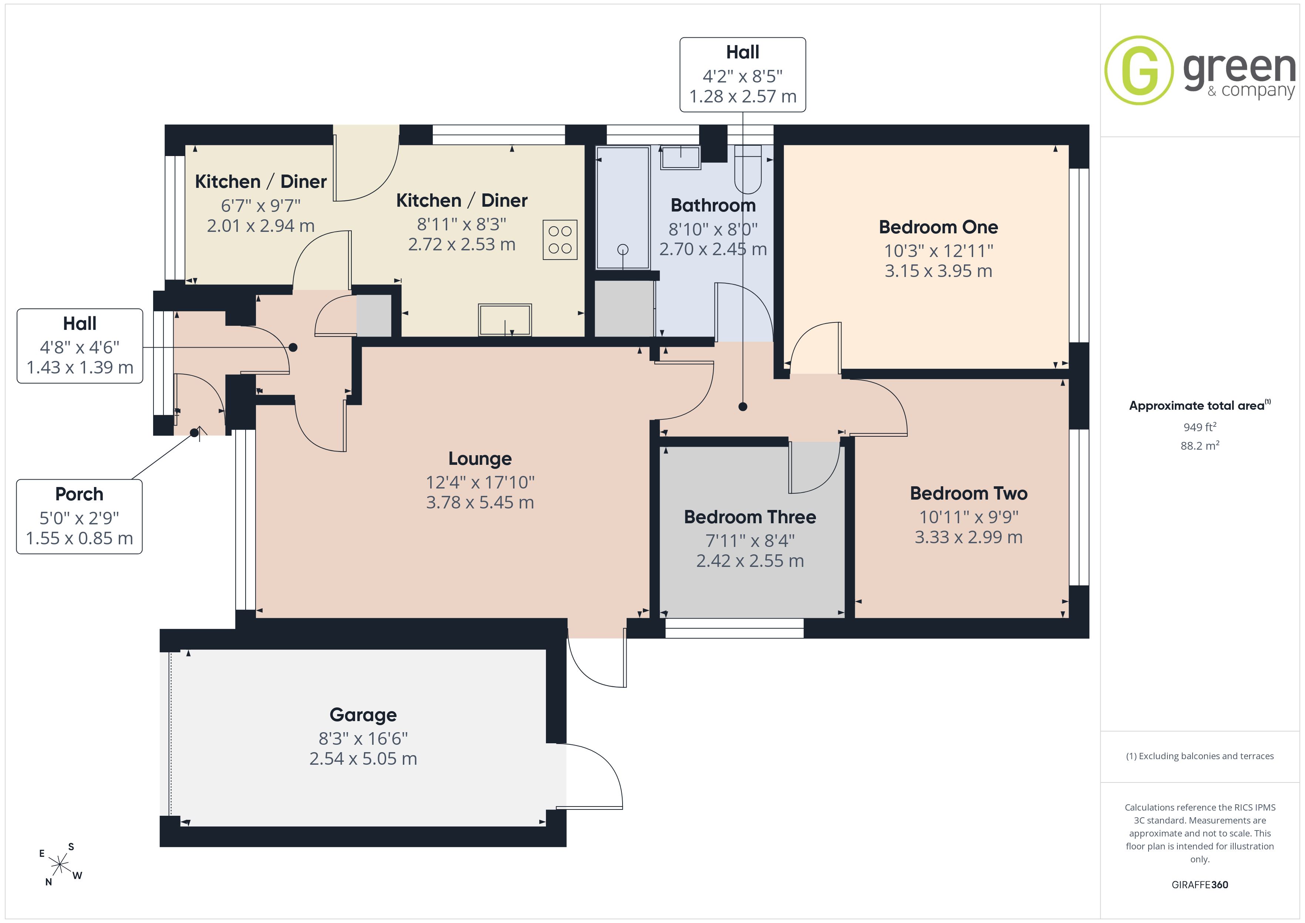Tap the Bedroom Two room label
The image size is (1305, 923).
click(x=968, y=493)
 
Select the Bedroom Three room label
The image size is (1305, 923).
click(x=750, y=517)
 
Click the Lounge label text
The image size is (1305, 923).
click(x=480, y=459)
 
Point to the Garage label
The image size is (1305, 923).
click(x=363, y=715)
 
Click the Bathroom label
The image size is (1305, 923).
click(x=713, y=205)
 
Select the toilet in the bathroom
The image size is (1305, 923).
click(x=748, y=169)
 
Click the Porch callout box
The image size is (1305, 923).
click(x=79, y=517)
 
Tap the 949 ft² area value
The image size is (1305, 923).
click(x=1200, y=427)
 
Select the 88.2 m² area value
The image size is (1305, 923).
click(x=1200, y=446)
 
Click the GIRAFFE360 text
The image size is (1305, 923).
click(x=1200, y=885)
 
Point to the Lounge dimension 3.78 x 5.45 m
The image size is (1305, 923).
click(x=480, y=503)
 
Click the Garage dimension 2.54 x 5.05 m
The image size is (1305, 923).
click(x=363, y=759)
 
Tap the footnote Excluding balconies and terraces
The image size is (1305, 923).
click(x=1200, y=756)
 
